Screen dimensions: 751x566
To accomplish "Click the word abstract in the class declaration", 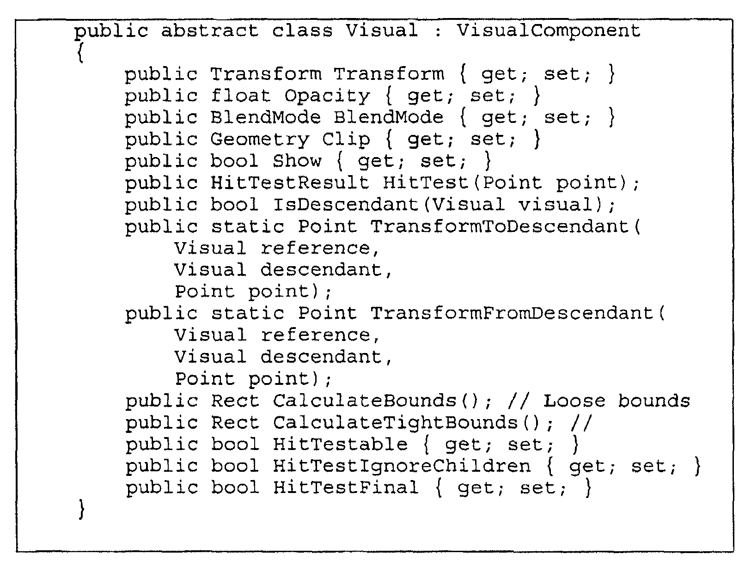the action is (x=209, y=31).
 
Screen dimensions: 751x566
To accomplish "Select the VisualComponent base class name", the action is (x=549, y=31).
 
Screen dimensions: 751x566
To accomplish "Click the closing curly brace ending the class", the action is (x=81, y=509).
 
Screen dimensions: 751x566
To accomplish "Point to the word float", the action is (x=240, y=96).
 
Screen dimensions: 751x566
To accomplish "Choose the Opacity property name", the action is (x=327, y=96).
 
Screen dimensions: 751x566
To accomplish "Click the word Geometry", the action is (x=260, y=140).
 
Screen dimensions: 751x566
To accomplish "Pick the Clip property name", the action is (x=346, y=140).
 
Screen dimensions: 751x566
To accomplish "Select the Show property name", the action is (x=297, y=161).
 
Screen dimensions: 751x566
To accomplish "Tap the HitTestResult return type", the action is (x=290, y=183).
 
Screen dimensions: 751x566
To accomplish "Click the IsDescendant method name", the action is (x=346, y=205).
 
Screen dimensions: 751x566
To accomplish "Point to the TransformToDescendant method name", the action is (x=500, y=226).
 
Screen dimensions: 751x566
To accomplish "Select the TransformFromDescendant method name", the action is (x=512, y=313).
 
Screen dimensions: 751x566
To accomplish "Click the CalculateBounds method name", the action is (x=364, y=401).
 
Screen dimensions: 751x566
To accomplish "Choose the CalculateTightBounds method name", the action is (x=395, y=423).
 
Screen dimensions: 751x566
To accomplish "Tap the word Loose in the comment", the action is (x=574, y=401).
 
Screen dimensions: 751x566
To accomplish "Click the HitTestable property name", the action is (x=340, y=444).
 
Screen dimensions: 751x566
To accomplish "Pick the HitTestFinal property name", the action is (x=346, y=487).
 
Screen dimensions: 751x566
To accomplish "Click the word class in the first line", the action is (x=302, y=31).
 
